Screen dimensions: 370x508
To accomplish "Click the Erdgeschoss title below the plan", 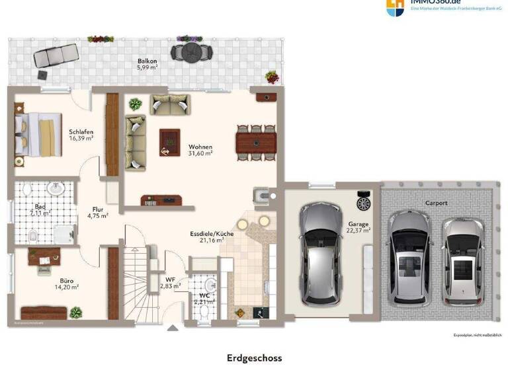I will tap(254, 358).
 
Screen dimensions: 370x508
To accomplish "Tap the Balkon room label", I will tap(147, 63).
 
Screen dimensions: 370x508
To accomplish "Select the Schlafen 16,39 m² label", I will tap(81, 135).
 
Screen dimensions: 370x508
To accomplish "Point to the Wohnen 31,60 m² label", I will tap(200, 150).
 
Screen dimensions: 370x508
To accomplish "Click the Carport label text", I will tap(436, 203).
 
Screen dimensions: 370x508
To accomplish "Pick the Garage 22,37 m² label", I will tap(359, 227).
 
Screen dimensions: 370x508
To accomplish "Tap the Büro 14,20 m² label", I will tap(67, 283).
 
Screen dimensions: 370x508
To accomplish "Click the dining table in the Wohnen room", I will tap(256, 142).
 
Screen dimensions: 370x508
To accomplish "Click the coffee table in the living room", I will tap(169, 141).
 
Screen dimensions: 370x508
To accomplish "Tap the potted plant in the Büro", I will tap(76, 312).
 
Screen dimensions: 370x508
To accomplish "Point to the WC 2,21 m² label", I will tap(204, 297).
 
